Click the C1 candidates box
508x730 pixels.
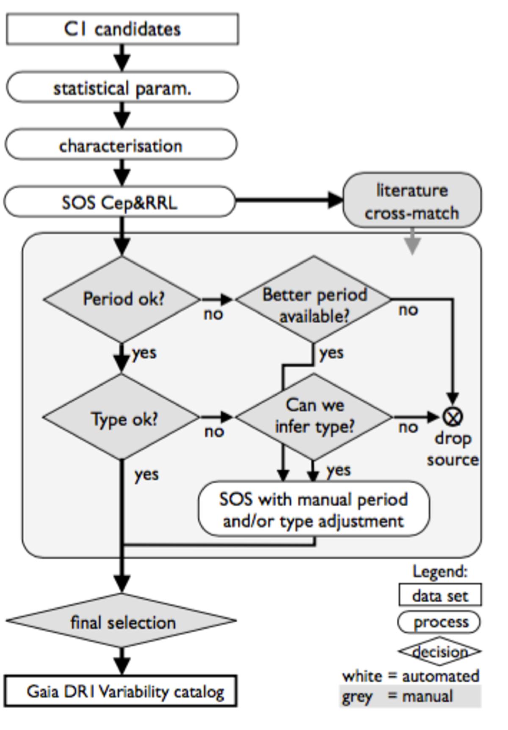tap(122, 29)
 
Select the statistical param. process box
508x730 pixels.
tap(122, 87)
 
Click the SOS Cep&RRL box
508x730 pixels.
tap(120, 202)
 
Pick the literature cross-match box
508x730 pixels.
tap(412, 200)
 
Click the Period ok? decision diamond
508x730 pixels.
tap(122, 299)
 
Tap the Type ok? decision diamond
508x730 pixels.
tap(122, 418)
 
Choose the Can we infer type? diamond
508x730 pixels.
tap(314, 417)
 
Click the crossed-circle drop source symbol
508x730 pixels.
tap(453, 417)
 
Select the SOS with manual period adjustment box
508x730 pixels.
tap(314, 509)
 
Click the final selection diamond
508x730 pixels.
tap(122, 621)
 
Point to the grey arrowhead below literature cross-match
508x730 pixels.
tap(412, 246)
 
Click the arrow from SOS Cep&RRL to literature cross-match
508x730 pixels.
tap(288, 200)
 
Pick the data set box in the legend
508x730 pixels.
tap(440, 596)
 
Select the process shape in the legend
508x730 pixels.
tap(439, 622)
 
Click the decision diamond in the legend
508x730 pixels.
tap(439, 651)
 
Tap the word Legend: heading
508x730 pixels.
tap(440, 571)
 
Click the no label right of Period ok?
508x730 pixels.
tap(213, 314)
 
